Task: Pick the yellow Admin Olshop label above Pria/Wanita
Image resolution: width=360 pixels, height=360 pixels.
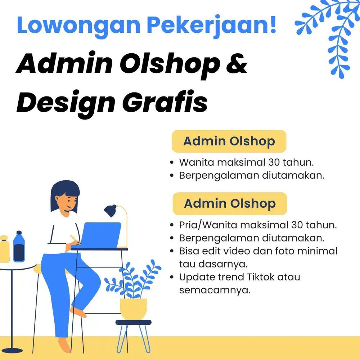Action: point(230,203)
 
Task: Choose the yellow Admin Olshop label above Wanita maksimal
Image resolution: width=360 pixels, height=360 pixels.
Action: point(229,141)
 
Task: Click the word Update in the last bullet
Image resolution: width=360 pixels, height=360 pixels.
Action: point(197,277)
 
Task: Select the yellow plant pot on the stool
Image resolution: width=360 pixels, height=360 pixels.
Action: point(133,309)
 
